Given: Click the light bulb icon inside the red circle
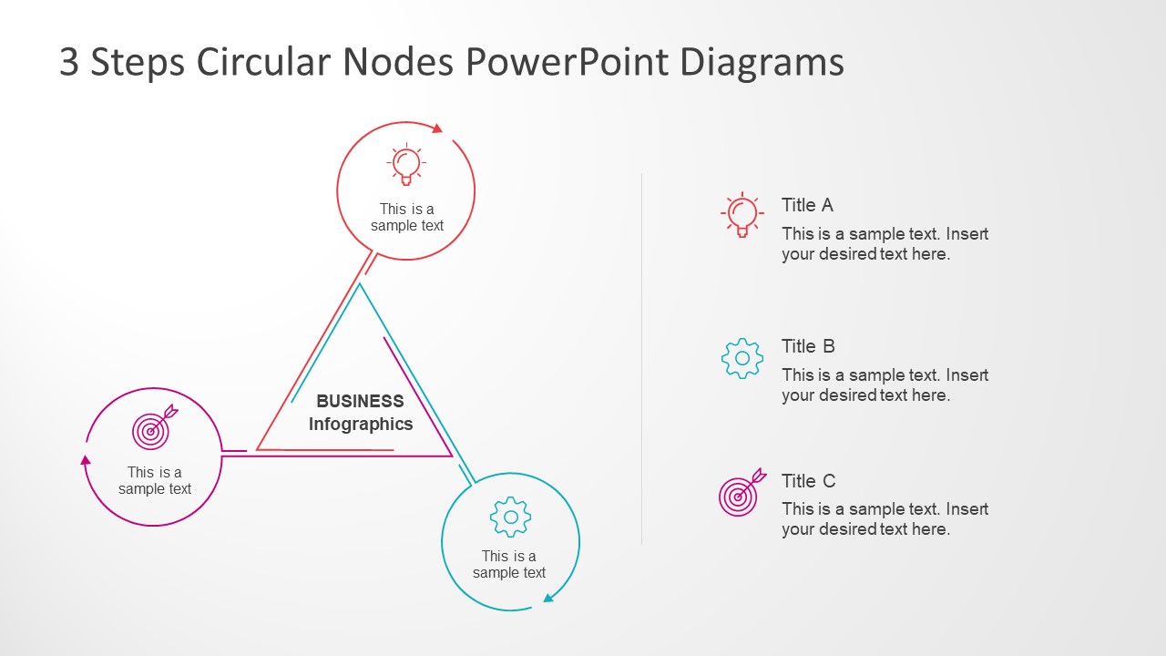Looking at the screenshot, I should [x=406, y=165].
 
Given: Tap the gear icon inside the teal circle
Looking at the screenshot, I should [x=510, y=517].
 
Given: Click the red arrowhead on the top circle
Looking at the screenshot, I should [x=437, y=128].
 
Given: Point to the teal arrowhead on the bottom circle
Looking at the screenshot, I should [x=548, y=598].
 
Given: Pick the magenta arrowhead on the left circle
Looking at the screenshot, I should [x=86, y=459].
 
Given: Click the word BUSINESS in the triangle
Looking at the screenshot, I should [x=360, y=401].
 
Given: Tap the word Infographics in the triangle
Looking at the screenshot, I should [x=360, y=424].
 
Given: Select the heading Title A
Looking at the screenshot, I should [x=807, y=205].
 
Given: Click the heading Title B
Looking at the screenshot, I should [x=808, y=346].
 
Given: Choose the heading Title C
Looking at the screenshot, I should [x=808, y=481].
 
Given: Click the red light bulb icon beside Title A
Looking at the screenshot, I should [x=742, y=215].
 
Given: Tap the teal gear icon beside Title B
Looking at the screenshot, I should [x=742, y=358].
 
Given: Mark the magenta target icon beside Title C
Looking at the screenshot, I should [x=741, y=493].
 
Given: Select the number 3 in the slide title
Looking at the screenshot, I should [x=69, y=62].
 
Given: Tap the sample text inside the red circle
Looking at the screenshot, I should [x=407, y=217].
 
